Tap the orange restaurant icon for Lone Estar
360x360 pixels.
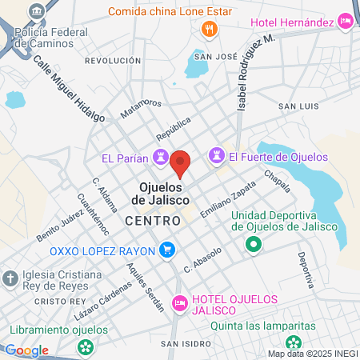[210, 30]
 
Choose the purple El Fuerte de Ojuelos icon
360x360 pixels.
[215, 156]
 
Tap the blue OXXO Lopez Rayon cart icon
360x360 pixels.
[166, 250]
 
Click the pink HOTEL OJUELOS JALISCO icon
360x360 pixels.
[180, 303]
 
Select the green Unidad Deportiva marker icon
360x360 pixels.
[253, 244]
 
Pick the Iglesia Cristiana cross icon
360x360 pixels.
[10, 279]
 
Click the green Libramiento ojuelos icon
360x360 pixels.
[86, 348]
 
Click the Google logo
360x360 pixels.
[26, 350]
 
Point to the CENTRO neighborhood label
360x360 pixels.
[152, 219]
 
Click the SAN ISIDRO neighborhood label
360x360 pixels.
[185, 344]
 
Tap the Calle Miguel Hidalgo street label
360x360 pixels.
[70, 89]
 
